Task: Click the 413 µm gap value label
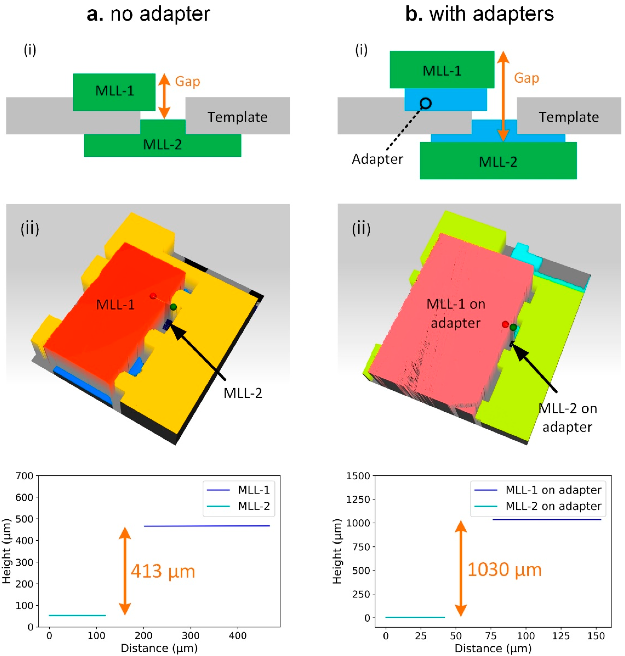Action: pos(163,571)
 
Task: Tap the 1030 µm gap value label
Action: pos(504,570)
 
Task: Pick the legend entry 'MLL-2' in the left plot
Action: pos(253,506)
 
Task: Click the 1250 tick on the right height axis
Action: pos(358,499)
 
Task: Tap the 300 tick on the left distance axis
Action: pos(191,636)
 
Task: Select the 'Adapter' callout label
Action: pos(377,159)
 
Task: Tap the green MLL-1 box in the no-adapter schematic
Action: pos(114,92)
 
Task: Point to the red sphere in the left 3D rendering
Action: pos(153,296)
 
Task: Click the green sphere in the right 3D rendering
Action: pos(513,327)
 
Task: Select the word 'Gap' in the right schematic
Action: pos(526,78)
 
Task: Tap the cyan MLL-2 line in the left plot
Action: pos(77,615)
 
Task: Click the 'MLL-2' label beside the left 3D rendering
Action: pos(243,393)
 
